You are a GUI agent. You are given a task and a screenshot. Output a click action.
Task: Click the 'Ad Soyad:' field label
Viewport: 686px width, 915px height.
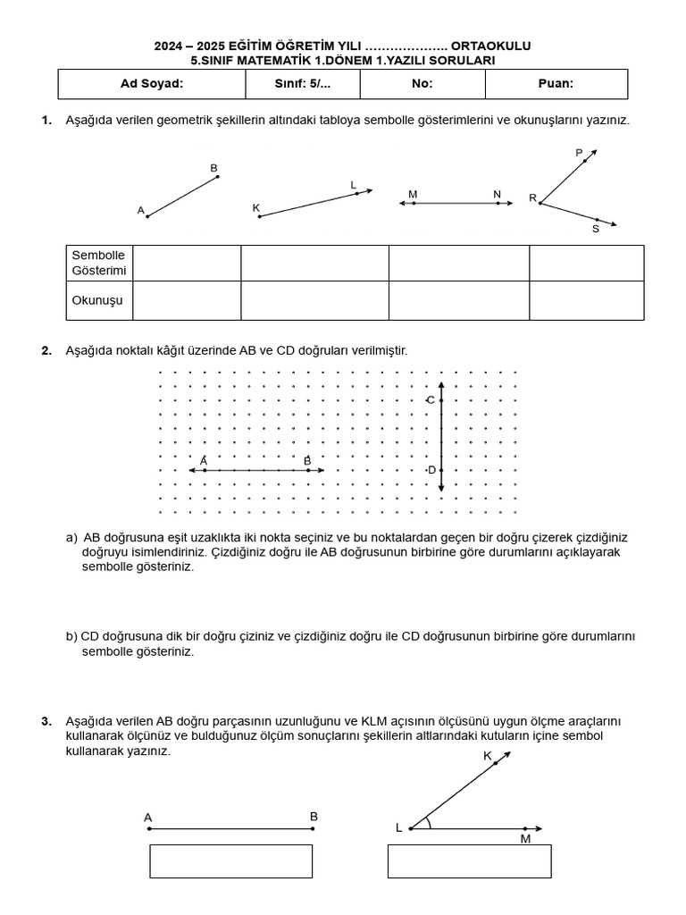152,84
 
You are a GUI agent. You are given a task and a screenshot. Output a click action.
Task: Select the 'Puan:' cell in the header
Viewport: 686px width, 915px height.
556,84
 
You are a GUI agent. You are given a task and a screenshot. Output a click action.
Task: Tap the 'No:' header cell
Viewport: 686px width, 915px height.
422,84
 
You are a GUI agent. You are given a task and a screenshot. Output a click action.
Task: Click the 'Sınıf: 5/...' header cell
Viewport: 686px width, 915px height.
303,84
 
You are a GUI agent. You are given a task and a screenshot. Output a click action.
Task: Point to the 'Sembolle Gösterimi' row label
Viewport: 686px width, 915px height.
99,263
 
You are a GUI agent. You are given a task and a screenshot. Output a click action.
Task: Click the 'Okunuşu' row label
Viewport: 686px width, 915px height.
97,300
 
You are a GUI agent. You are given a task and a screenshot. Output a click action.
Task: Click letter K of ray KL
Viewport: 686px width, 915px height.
255,208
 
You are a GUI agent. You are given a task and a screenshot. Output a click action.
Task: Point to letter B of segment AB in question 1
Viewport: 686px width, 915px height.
213,168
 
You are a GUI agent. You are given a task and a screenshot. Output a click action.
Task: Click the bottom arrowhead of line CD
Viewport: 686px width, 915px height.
440,489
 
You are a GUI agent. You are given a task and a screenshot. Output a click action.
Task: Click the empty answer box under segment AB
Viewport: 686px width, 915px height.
230,861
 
